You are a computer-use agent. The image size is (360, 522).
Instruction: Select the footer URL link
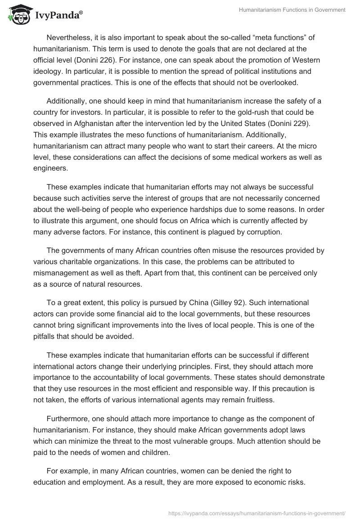[256, 513]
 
